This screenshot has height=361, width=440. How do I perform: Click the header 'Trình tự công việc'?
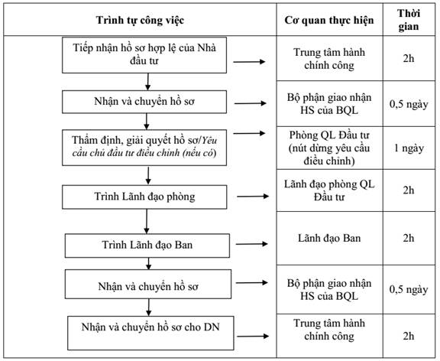click(140, 20)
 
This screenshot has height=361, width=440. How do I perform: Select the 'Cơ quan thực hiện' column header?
click(329, 20)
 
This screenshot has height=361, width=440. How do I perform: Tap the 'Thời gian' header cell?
click(409, 20)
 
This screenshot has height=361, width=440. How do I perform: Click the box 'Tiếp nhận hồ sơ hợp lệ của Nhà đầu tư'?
click(144, 55)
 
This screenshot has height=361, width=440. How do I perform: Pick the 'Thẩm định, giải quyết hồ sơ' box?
click(144, 148)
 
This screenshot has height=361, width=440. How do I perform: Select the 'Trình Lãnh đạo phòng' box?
click(144, 197)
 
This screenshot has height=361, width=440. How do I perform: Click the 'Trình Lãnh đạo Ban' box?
click(147, 246)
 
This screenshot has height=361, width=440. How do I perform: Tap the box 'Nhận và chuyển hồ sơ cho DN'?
click(150, 333)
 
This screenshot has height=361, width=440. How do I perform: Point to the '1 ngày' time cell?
click(409, 148)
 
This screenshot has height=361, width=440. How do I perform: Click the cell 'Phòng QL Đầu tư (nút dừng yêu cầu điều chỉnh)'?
click(329, 148)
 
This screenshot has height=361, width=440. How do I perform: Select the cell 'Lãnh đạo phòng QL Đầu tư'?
click(329, 190)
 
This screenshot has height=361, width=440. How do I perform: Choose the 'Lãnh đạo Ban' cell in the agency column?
click(329, 238)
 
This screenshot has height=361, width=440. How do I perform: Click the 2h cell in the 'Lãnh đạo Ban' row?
click(409, 238)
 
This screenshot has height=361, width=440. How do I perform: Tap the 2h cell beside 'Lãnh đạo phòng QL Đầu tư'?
click(409, 190)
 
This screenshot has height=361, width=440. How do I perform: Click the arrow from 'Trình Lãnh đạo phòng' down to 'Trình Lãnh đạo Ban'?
click(147, 221)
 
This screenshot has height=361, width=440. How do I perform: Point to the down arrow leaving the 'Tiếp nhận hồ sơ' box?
click(147, 82)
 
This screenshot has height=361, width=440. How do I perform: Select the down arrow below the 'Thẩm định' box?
click(148, 175)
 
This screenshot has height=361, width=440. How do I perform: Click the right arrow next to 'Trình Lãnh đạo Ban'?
click(252, 244)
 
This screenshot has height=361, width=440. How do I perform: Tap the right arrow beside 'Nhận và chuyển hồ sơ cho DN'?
click(253, 336)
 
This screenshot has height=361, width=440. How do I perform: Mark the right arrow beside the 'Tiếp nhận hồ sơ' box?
click(249, 61)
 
